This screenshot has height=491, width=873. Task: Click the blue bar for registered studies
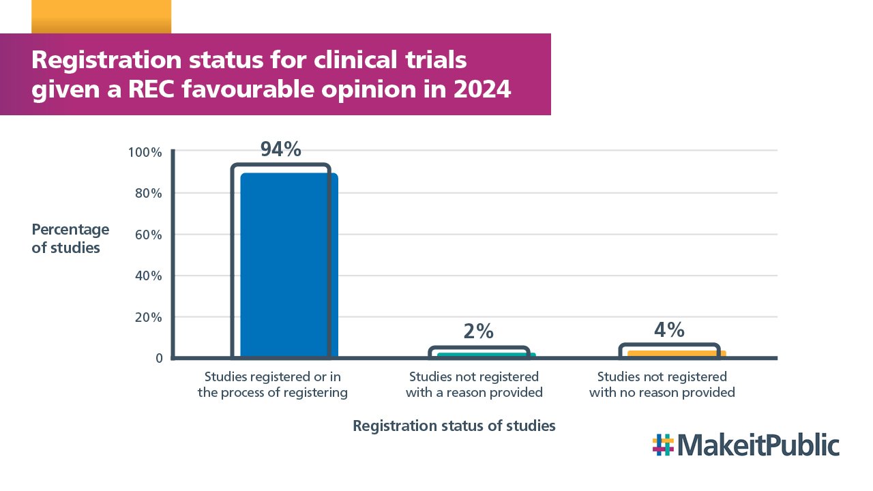pos(289,266)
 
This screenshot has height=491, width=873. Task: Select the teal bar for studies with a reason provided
pos(486,355)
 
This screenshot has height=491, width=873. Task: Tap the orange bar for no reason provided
pos(676,354)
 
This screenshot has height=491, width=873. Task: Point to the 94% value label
pos(280,150)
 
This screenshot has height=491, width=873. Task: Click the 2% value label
pos(478,331)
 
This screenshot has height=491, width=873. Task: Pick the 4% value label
pos(669,330)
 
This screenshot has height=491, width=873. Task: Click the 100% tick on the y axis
pos(145,152)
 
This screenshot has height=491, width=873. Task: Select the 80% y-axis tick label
pos(147,194)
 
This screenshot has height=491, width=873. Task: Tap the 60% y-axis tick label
pos(147,235)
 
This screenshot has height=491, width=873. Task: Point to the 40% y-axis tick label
pos(147,276)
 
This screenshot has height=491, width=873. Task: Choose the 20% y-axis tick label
pos(147,317)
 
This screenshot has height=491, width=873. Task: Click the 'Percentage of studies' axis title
pos(70,239)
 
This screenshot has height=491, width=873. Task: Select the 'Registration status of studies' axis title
pos(454,426)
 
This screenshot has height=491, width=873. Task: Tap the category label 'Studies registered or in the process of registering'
pos(273,385)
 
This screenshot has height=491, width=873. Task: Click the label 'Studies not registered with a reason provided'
pos(474,385)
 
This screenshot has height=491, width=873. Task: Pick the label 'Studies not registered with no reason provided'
pos(662,385)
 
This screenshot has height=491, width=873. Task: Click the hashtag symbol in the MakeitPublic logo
pos(662,445)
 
